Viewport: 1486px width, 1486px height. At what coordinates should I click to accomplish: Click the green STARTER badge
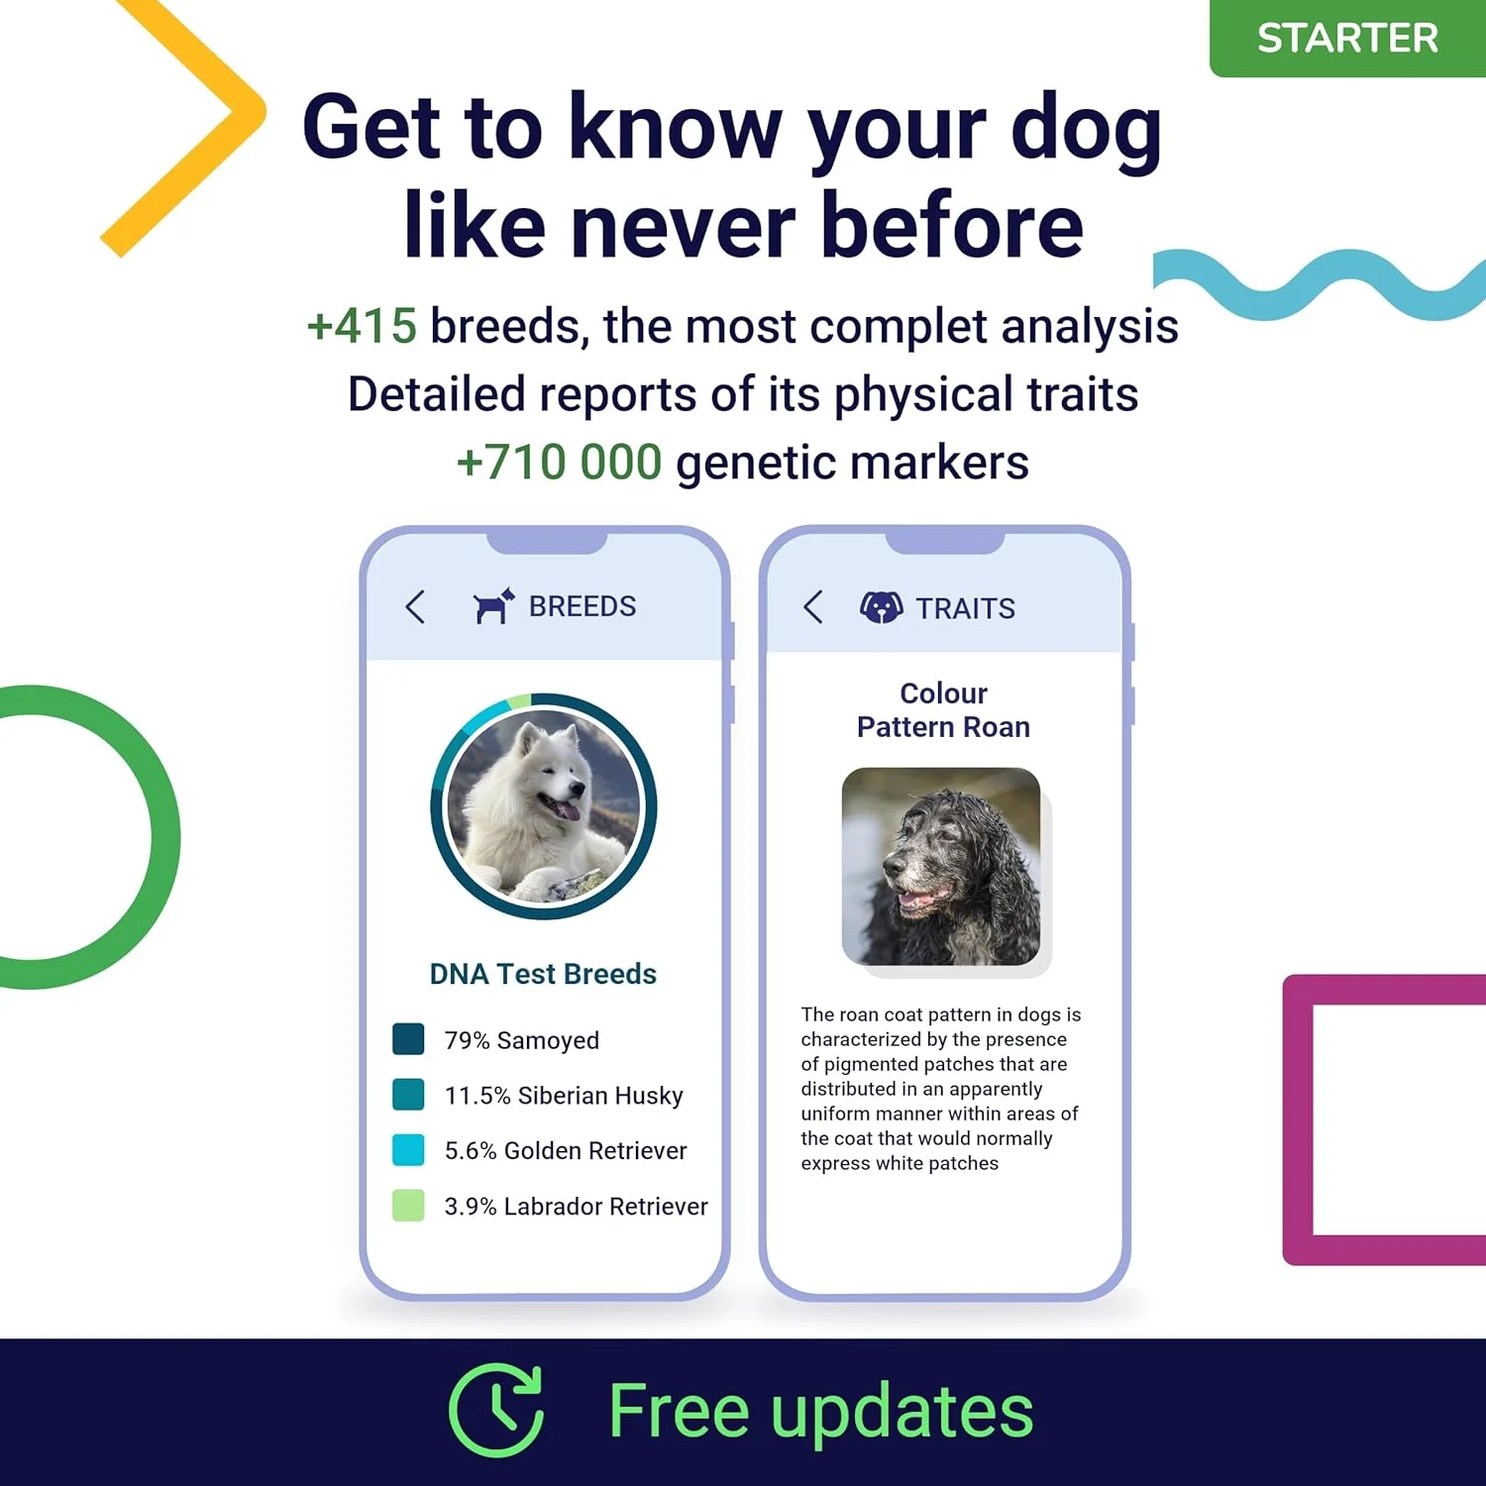tap(1347, 38)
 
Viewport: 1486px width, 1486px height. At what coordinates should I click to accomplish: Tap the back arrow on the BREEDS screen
tap(415, 606)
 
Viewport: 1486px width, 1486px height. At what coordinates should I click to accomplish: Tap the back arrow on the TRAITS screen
tap(813, 606)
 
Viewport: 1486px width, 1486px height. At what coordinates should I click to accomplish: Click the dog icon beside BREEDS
tap(493, 605)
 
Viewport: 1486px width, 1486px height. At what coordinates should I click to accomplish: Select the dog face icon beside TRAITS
tap(881, 606)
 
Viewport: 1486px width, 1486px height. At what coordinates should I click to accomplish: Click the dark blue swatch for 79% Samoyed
tap(408, 1039)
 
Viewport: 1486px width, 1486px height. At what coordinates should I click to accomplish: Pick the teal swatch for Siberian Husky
tap(408, 1095)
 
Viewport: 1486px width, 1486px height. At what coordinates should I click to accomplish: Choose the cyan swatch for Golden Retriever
tap(408, 1150)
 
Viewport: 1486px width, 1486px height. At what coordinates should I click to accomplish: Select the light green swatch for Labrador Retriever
tap(408, 1206)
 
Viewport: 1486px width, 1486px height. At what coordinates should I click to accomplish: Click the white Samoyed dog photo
tap(544, 806)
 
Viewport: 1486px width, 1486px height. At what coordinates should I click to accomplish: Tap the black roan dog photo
tap(941, 866)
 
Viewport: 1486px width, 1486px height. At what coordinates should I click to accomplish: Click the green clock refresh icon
tap(497, 1410)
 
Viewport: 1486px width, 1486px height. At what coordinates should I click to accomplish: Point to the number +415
tap(362, 326)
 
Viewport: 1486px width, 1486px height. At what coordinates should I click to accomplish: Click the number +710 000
tap(559, 463)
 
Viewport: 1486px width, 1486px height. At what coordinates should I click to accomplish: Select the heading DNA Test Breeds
tap(543, 974)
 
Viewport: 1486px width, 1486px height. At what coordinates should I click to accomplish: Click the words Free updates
tap(821, 1411)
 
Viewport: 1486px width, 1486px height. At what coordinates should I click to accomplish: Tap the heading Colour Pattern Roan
tap(943, 710)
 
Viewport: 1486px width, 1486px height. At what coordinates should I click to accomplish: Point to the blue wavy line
tap(1320, 284)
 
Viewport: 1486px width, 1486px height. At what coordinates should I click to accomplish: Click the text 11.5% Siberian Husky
tap(564, 1096)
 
